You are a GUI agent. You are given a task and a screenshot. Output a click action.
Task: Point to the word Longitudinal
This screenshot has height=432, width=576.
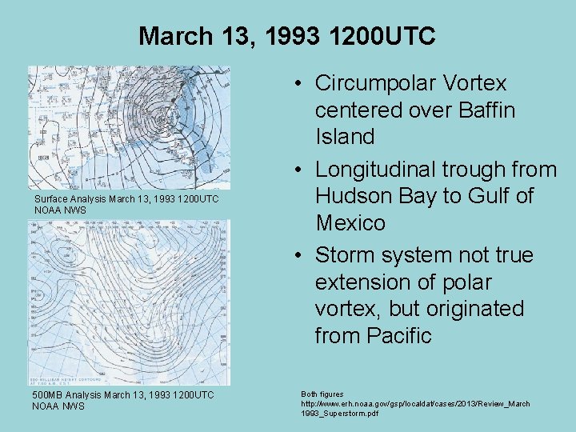[x=387, y=170]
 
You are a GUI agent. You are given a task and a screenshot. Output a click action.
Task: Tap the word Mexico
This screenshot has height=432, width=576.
[x=350, y=222]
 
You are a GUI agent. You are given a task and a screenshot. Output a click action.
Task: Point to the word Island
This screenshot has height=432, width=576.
[x=345, y=137]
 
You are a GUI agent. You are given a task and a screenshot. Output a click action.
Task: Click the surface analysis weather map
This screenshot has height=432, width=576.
[x=129, y=127]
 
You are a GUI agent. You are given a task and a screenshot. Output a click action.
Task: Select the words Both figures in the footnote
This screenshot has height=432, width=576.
[x=322, y=394]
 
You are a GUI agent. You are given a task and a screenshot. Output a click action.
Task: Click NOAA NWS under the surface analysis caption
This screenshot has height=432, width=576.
[x=60, y=210]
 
